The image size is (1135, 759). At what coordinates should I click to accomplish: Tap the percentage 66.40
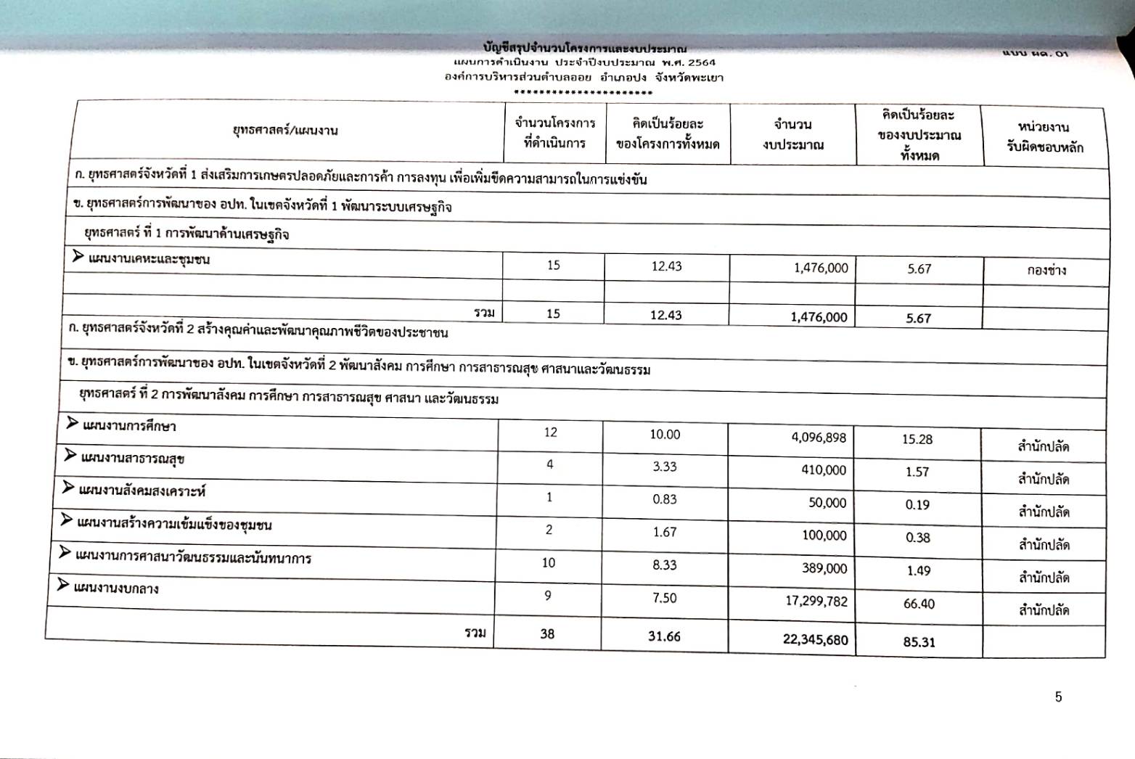(919, 604)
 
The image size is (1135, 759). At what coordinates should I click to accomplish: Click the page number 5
(1058, 697)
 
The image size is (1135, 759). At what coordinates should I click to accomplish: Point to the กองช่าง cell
(1046, 271)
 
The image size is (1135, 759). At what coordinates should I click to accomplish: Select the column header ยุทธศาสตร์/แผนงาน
(285, 131)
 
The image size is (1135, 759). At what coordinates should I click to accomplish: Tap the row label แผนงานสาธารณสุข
(131, 459)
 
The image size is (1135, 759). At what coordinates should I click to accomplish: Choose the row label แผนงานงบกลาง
(117, 588)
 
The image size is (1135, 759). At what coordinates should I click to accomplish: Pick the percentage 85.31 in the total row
(918, 642)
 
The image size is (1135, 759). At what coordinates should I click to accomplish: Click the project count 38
(547, 633)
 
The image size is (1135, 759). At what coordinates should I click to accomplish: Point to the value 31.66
(664, 636)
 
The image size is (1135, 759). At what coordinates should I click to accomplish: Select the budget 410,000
(824, 470)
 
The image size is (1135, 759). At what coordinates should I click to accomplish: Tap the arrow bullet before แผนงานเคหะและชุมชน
(78, 256)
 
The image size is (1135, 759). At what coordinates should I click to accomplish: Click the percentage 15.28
(918, 440)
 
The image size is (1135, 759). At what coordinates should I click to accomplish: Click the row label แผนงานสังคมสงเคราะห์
(142, 491)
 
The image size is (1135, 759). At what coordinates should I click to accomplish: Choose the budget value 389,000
(824, 569)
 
